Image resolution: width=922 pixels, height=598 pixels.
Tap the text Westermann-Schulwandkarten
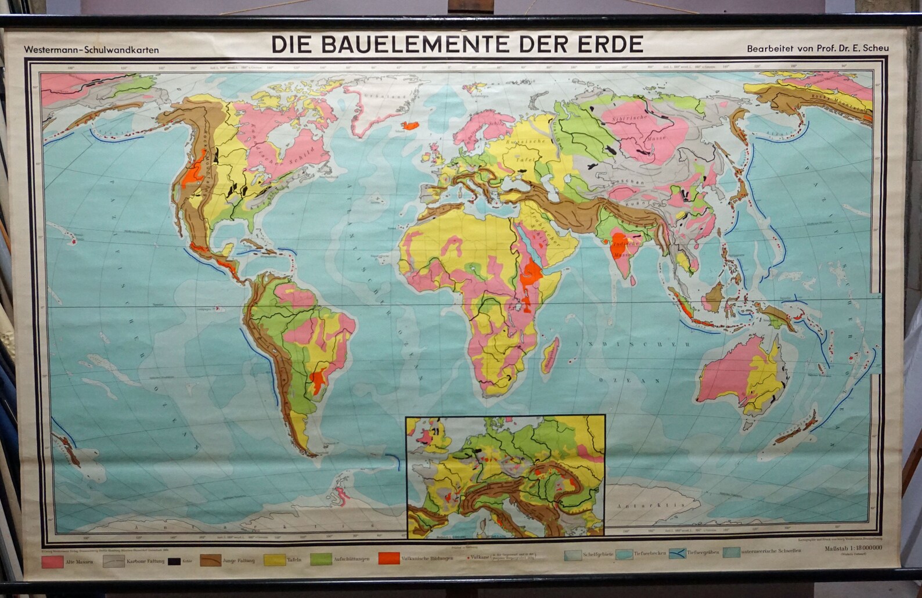(91, 51)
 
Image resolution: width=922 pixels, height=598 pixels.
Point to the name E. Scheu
(872, 49)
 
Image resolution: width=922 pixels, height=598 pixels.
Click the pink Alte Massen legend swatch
(52, 561)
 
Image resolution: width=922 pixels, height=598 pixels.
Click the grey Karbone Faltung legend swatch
(114, 561)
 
